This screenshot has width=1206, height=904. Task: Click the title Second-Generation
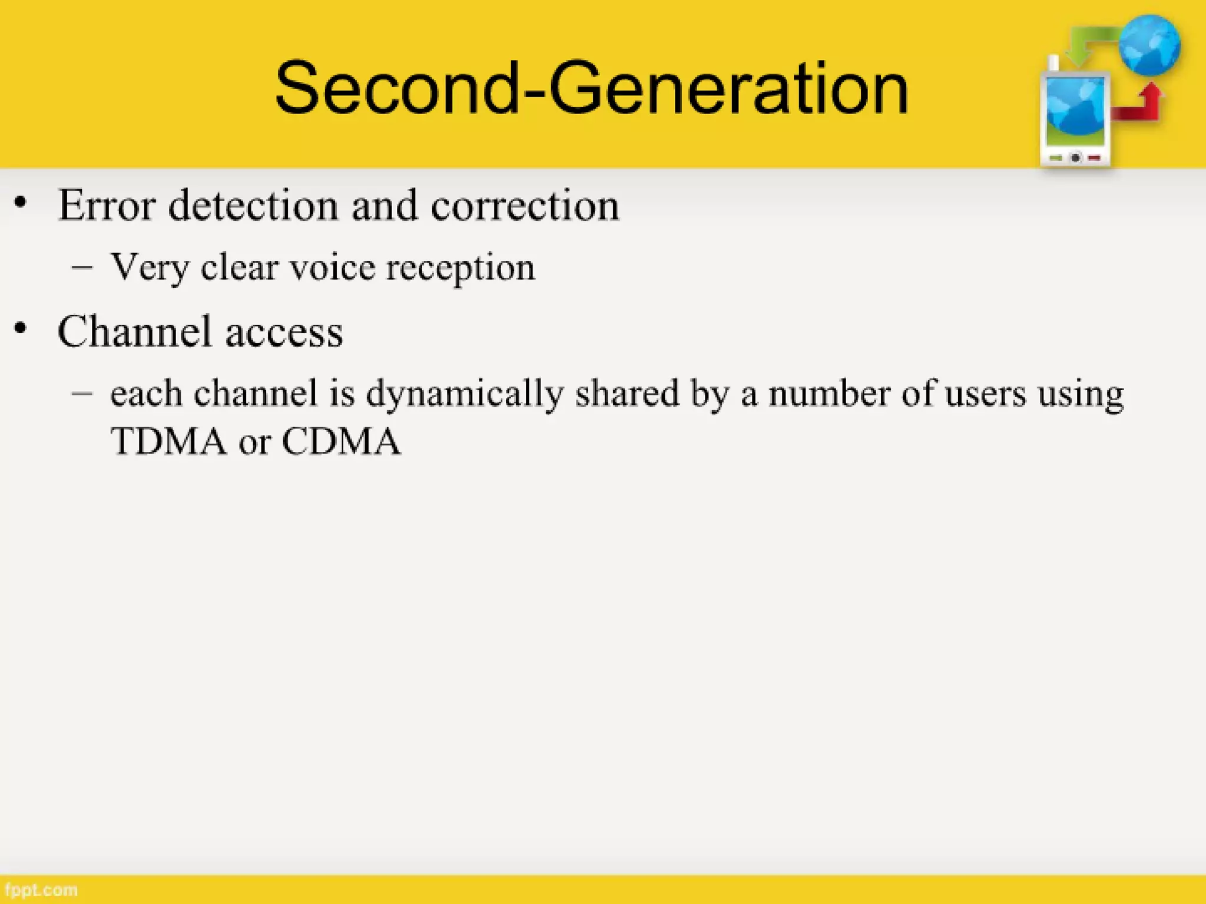pyautogui.click(x=591, y=88)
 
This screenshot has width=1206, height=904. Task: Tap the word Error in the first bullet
pyautogui.click(x=107, y=205)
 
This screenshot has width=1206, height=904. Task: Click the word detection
pyautogui.click(x=253, y=205)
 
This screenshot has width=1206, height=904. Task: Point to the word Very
pyautogui.click(x=150, y=268)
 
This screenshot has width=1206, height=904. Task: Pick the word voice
pyautogui.click(x=332, y=268)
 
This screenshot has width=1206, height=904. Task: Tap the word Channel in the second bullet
pyautogui.click(x=134, y=331)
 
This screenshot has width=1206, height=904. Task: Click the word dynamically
pyautogui.click(x=465, y=394)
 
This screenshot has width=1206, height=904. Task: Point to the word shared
pyautogui.click(x=627, y=393)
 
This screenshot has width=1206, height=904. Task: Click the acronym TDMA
pyautogui.click(x=168, y=441)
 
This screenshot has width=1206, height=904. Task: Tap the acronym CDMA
pyautogui.click(x=341, y=441)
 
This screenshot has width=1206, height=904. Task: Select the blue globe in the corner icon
pyautogui.click(x=1149, y=46)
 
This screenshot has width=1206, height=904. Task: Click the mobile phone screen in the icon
pyautogui.click(x=1075, y=112)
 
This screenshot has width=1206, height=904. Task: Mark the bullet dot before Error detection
pyautogui.click(x=21, y=203)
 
